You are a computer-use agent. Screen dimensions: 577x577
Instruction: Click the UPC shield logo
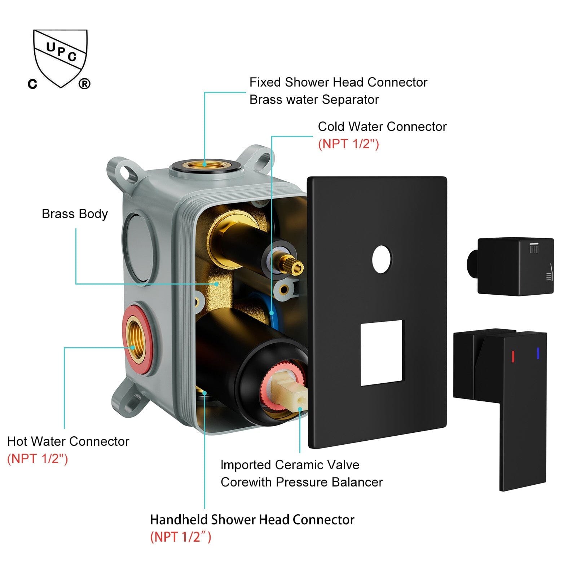tap(60, 58)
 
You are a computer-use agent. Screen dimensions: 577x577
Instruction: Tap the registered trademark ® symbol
tap(84, 84)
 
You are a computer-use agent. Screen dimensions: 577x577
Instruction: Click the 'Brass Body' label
tap(75, 214)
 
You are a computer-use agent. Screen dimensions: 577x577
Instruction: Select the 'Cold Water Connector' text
tap(382, 127)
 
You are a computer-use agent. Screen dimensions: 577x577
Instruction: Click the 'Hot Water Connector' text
tap(68, 441)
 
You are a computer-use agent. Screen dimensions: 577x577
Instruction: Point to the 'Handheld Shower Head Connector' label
tap(252, 520)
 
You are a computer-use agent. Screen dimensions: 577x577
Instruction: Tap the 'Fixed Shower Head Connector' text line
tap(338, 82)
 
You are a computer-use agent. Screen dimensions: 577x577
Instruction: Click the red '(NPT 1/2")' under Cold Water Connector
tap(348, 144)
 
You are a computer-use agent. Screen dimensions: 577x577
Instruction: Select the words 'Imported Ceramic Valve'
tap(290, 465)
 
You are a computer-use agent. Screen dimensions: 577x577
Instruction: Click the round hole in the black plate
tap(382, 259)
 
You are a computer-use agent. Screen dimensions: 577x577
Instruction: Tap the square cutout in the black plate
tap(382, 353)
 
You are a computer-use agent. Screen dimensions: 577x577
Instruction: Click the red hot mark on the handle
tap(513, 356)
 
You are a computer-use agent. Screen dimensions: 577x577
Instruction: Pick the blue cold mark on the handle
tap(538, 353)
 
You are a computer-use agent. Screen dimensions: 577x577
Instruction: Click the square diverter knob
tap(514, 266)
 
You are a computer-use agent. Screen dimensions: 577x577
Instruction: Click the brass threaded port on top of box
tap(204, 165)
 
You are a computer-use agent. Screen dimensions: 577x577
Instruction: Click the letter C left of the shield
tap(32, 84)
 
